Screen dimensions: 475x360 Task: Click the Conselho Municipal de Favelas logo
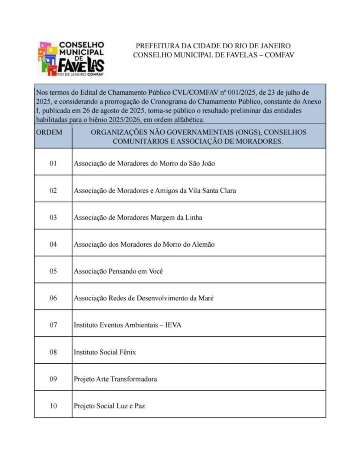tap(71, 58)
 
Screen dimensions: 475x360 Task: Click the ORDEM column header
tap(49, 132)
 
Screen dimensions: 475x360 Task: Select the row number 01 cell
tap(53, 163)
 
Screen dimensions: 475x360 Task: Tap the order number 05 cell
tap(53, 271)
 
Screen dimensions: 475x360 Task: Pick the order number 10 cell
tap(53, 406)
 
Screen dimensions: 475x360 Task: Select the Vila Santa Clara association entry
tap(154, 190)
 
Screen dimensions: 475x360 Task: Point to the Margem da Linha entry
tap(138, 217)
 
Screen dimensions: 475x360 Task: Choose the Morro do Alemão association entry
tap(144, 244)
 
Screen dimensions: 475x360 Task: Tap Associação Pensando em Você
tap(118, 271)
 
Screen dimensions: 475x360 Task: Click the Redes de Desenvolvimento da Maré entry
tap(143, 298)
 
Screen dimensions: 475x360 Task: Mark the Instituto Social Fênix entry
tap(105, 352)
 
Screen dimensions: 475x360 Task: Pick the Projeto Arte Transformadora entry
tap(115, 379)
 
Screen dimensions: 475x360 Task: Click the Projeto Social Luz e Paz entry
tap(109, 406)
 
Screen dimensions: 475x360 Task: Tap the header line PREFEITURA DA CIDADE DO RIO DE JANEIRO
tap(213, 46)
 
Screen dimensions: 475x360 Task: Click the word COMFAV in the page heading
tap(279, 55)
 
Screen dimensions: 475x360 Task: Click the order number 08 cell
tap(53, 352)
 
